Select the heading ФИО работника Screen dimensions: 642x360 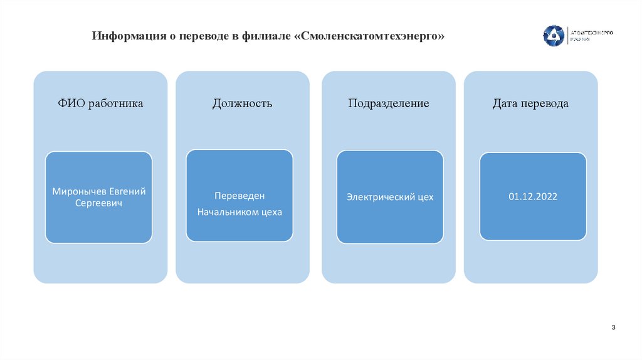point(100,103)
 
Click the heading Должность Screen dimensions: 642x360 point(242,103)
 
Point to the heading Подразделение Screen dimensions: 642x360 point(389,103)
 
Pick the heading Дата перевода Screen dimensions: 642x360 point(530,103)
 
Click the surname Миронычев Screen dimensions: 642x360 point(80,191)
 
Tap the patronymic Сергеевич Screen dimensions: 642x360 point(98,204)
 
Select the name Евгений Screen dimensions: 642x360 point(127,191)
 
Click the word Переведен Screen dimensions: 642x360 point(240,196)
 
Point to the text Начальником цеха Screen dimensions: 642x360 point(240,212)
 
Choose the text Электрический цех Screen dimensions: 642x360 point(390,197)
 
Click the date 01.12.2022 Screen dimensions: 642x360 point(533,196)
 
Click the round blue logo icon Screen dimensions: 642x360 point(553,35)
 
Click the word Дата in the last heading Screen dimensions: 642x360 point(505,103)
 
